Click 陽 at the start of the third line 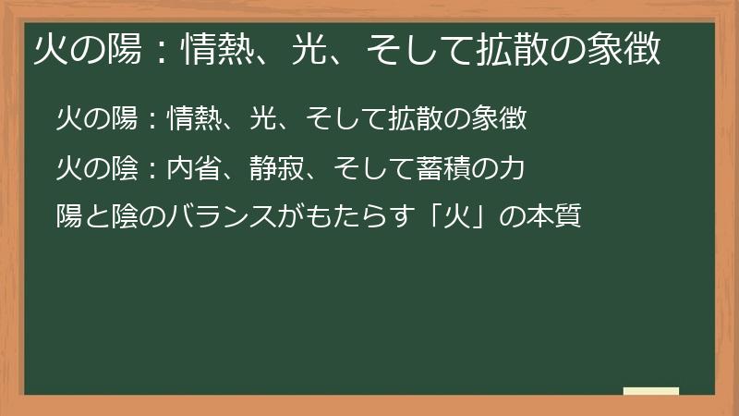(68, 219)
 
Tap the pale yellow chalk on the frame (650, 391)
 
